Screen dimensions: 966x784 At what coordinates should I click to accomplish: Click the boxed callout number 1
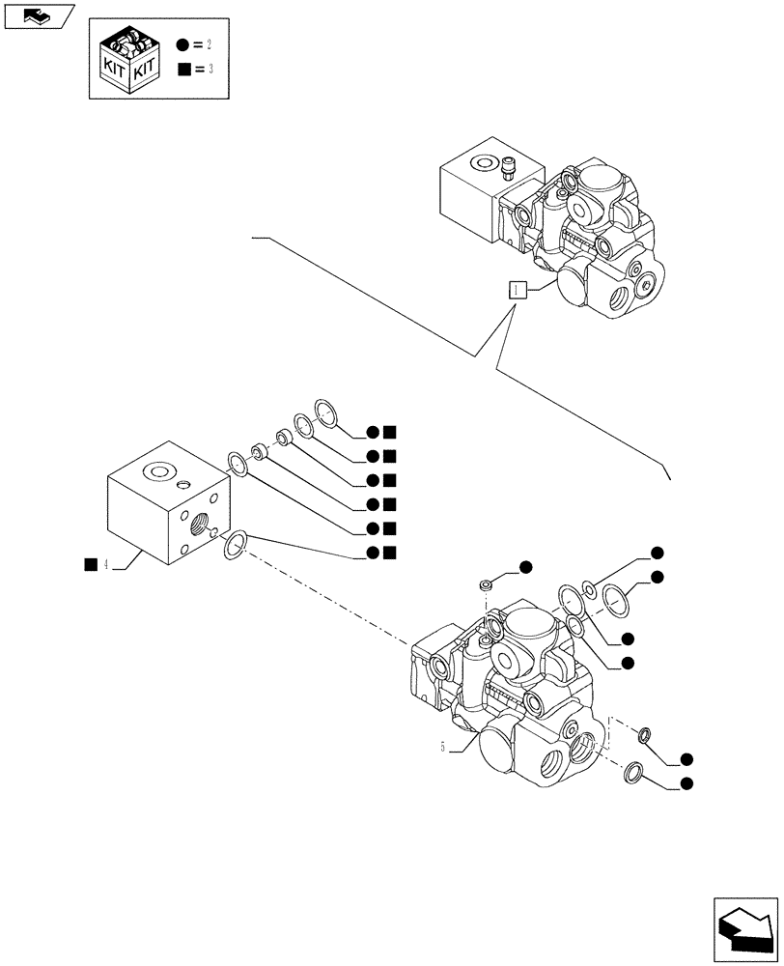pos(518,289)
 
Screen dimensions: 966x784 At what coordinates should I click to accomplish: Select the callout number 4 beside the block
pos(106,564)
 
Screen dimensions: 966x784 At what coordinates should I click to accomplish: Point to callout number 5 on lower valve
pos(443,747)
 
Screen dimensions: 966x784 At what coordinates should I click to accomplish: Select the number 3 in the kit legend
pos(210,71)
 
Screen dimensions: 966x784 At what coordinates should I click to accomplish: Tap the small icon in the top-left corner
pos(38,16)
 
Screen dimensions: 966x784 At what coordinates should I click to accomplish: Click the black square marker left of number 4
pos(90,564)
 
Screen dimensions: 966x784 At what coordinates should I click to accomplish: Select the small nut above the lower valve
pos(489,583)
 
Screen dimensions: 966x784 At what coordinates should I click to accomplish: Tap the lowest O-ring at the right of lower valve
pos(634,772)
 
